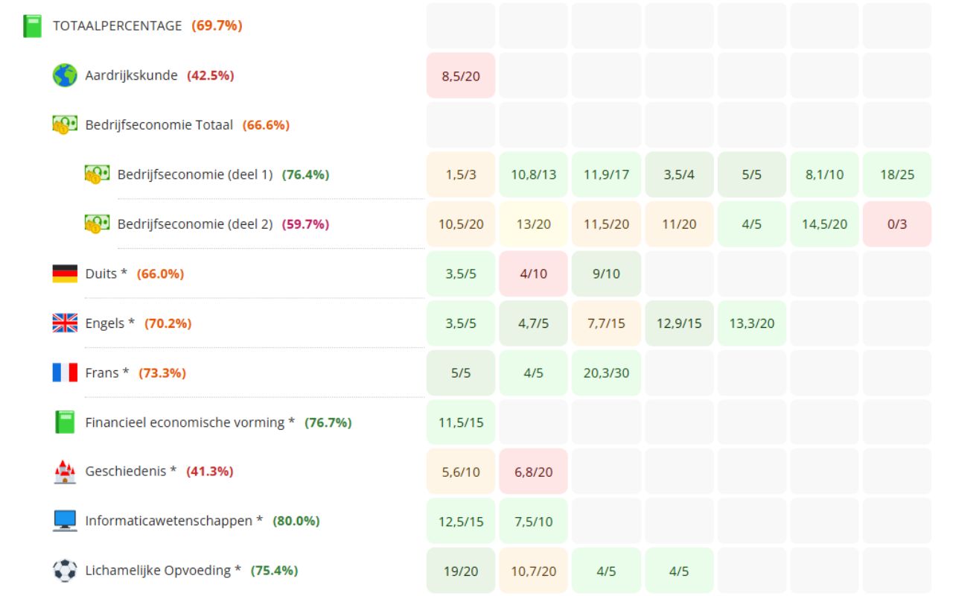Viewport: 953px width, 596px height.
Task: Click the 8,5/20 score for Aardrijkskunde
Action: pyautogui.click(x=461, y=76)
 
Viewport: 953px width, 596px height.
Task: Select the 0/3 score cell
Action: pyautogui.click(x=896, y=224)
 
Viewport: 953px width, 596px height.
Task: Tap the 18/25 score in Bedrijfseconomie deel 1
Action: pyautogui.click(x=896, y=174)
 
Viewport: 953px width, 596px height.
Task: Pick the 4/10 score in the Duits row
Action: pyautogui.click(x=533, y=273)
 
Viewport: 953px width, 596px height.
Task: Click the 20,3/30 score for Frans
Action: pyautogui.click(x=606, y=372)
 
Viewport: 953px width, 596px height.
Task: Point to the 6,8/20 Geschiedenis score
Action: pyautogui.click(x=533, y=472)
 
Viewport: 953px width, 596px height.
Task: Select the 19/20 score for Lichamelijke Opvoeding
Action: pyautogui.click(x=461, y=571)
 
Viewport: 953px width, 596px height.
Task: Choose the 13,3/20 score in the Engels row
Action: pyautogui.click(x=751, y=323)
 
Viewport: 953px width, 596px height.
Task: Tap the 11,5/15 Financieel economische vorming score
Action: pyautogui.click(x=461, y=422)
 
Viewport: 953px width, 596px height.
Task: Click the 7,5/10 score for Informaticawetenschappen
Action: pyautogui.click(x=533, y=521)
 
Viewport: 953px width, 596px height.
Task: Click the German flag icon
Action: pyautogui.click(x=65, y=273)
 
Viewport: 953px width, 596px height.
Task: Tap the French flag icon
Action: pyautogui.click(x=65, y=372)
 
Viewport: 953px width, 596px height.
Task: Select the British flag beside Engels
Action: pyautogui.click(x=65, y=323)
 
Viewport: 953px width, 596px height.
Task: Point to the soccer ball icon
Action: pyautogui.click(x=65, y=571)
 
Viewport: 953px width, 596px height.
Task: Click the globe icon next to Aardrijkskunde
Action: pyautogui.click(x=65, y=75)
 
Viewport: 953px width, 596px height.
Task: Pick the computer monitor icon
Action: pyautogui.click(x=65, y=521)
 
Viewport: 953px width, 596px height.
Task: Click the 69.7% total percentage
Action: pyautogui.click(x=217, y=26)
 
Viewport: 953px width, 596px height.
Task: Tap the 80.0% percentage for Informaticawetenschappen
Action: pyautogui.click(x=296, y=521)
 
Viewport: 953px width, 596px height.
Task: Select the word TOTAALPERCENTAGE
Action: pyautogui.click(x=117, y=26)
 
